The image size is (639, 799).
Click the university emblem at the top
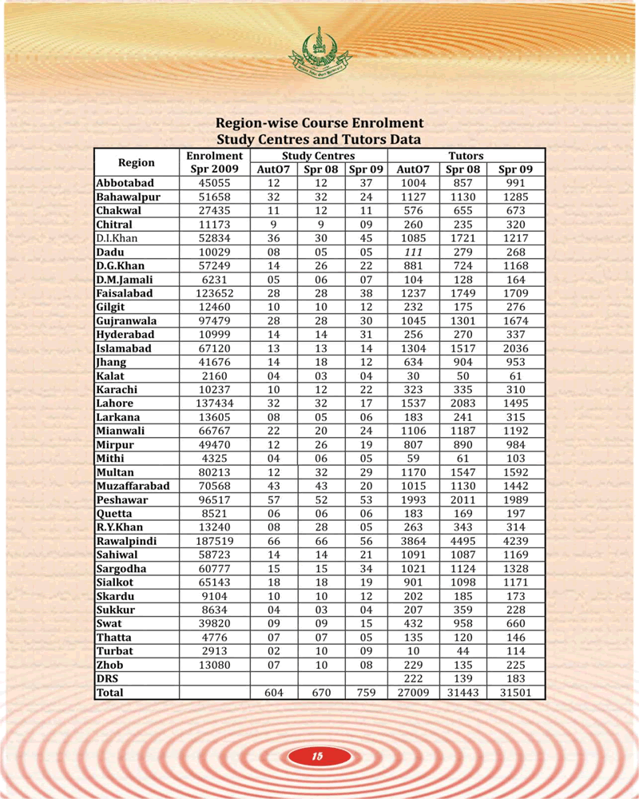(319, 50)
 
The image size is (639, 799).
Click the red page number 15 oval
(318, 756)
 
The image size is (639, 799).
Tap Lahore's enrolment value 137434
(215, 403)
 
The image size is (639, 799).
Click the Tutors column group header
(465, 156)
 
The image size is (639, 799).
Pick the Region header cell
(136, 162)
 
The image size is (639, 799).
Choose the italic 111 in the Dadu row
(413, 252)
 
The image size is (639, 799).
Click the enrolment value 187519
(215, 541)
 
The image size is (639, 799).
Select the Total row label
(110, 693)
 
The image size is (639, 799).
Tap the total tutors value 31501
(514, 693)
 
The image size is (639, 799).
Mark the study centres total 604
(275, 693)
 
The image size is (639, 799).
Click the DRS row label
(107, 678)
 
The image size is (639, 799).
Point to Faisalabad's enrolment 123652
(215, 293)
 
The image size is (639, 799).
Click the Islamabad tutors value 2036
(514, 348)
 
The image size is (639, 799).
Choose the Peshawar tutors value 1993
(413, 499)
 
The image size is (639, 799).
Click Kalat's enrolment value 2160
(215, 376)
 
